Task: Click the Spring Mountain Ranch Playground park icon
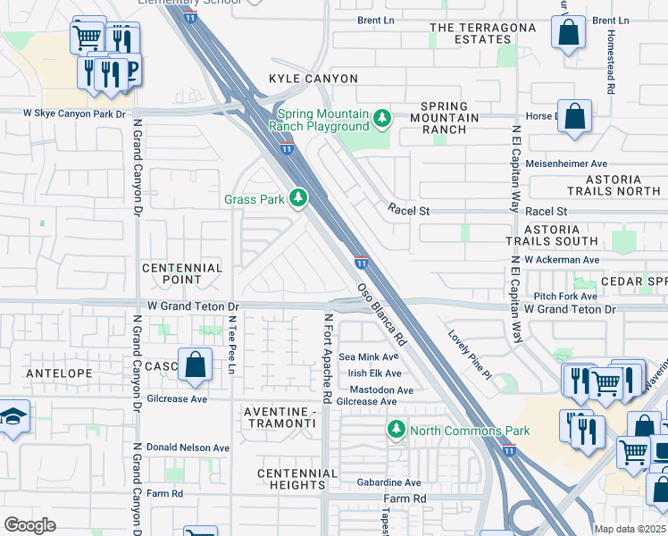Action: point(382,118)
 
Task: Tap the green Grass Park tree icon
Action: point(301,197)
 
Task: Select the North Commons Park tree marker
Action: point(396,431)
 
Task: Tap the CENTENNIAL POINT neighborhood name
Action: point(182,273)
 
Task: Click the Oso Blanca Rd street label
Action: point(382,315)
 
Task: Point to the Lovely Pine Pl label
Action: point(470,355)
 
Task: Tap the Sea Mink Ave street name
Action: point(368,356)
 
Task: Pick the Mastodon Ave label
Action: point(381,390)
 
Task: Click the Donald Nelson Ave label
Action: point(189,448)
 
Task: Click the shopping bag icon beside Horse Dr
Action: point(574,118)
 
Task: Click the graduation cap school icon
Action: point(13,417)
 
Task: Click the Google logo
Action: point(29,525)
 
